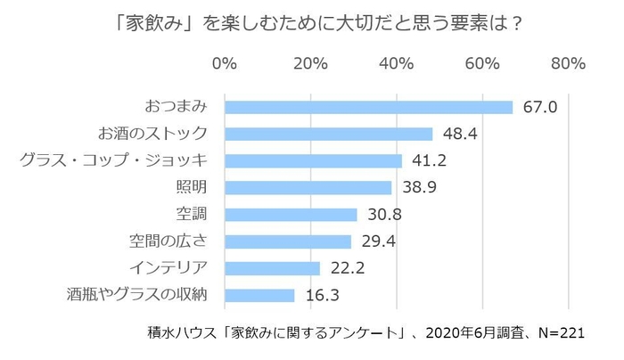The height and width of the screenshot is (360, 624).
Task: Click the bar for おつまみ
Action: pos(368,107)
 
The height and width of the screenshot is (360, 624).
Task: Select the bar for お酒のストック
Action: pos(328,134)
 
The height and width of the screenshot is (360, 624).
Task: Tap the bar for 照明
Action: pos(308,187)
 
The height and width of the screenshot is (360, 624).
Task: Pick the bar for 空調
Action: pos(291,214)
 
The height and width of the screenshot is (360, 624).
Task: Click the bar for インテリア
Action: pos(272,267)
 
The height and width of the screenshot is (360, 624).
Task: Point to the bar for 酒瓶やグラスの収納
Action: pos(259,295)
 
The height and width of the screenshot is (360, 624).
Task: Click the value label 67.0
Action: pos(539,107)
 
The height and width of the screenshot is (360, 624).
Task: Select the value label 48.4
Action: pos(460,134)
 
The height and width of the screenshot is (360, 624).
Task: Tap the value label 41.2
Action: pos(429,160)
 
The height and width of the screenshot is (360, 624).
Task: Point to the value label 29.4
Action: pos(378,241)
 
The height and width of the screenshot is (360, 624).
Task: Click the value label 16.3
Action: pos(322,295)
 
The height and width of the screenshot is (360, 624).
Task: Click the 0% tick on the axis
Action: pos(225,63)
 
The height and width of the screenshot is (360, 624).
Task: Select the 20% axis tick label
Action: pos(309,63)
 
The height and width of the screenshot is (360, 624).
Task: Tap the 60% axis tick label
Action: pos(481,63)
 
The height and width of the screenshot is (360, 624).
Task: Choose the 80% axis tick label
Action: pos(567,63)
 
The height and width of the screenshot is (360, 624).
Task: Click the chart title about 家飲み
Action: pos(312,22)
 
